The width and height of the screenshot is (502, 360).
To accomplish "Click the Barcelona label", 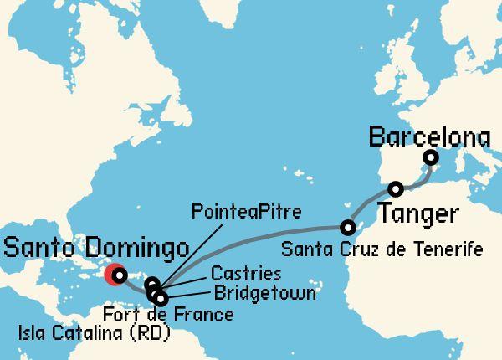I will [x=429, y=135].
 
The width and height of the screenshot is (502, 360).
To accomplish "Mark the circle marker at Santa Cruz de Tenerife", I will [x=347, y=227].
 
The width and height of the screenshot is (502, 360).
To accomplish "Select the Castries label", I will [x=245, y=274].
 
